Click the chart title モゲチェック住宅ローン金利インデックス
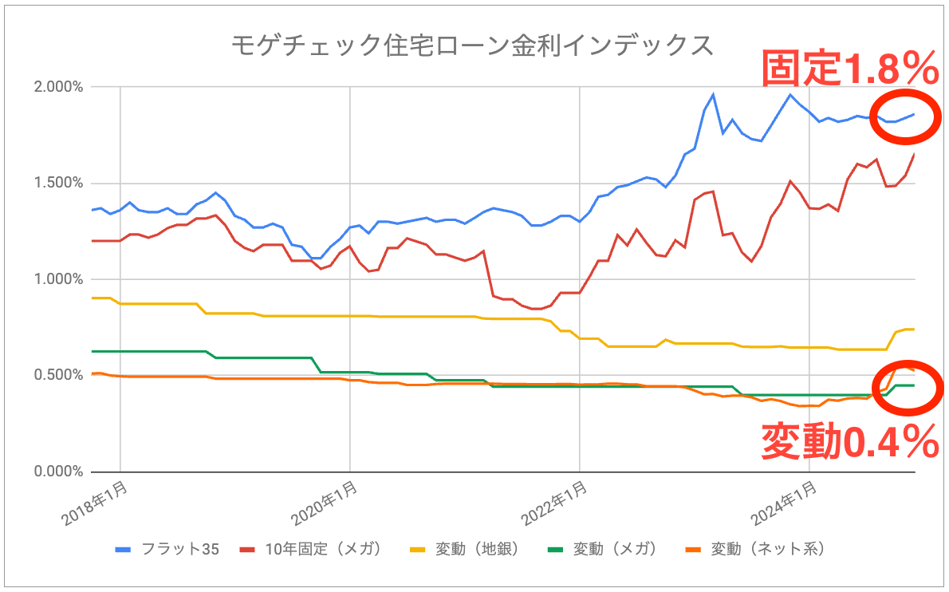coord(472,45)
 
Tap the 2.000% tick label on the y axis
coord(61,86)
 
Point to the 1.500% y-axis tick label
coord(61,183)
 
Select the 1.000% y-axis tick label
coord(61,279)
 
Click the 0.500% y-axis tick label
coord(61,375)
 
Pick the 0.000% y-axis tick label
coord(61,472)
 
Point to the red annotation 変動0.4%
coord(849,441)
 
